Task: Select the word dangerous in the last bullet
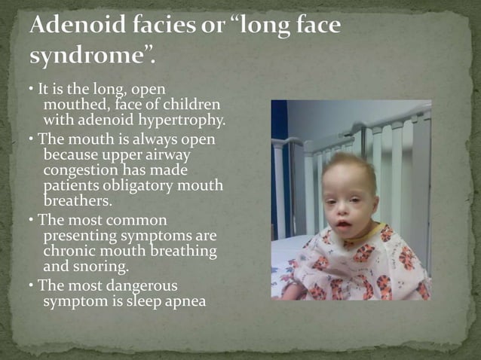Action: coord(139,286)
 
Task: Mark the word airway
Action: coord(170,154)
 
